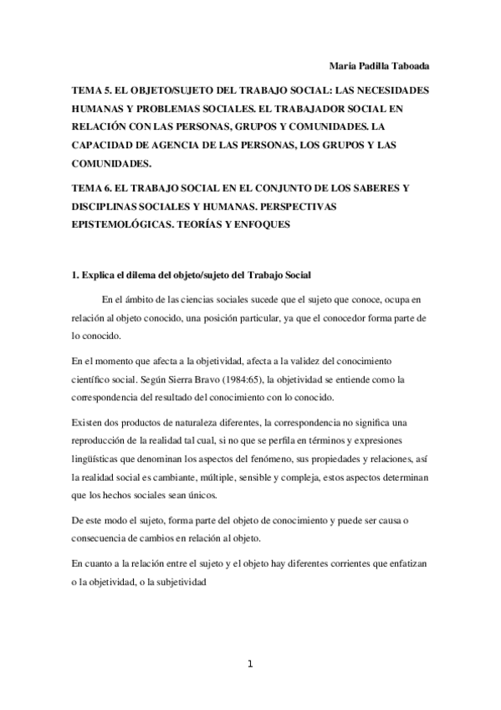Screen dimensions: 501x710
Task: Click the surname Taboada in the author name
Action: point(409,65)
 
